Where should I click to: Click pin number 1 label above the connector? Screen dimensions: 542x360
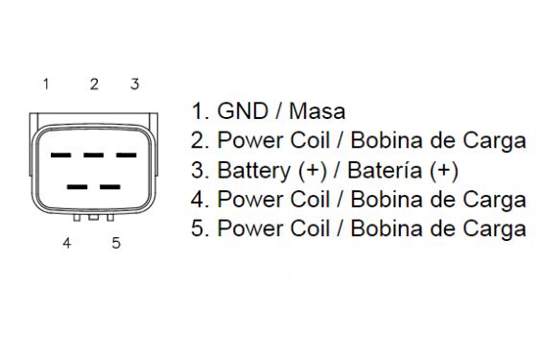[46, 84]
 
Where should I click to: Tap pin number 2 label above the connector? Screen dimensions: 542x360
[94, 84]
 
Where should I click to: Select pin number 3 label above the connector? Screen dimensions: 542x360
[135, 84]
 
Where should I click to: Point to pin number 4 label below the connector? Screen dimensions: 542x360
[67, 243]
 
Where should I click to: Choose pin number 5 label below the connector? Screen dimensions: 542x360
[116, 243]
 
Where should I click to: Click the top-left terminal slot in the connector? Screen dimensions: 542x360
[60, 156]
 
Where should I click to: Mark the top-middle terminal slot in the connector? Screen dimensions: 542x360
[93, 156]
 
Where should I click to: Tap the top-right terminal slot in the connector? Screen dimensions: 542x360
[127, 156]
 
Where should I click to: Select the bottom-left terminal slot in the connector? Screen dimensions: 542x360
[77, 187]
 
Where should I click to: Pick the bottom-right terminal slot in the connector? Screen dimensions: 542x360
[110, 187]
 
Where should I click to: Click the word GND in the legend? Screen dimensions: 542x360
[243, 111]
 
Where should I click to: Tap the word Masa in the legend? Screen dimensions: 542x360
[317, 111]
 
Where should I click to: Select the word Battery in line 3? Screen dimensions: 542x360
[253, 171]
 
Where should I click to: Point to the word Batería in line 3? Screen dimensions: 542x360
[385, 170]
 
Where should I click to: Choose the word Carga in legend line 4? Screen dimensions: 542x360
[494, 201]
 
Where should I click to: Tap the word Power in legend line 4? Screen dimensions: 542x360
[250, 200]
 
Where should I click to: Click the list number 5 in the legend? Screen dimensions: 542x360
[197, 228]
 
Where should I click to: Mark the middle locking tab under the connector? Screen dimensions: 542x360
[93, 218]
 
